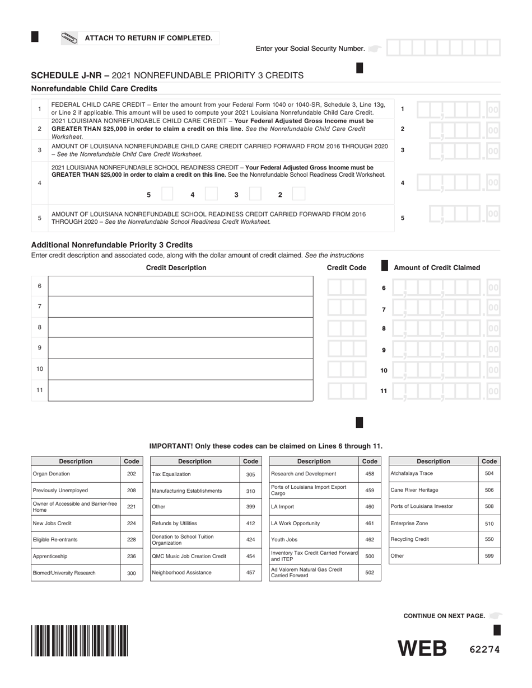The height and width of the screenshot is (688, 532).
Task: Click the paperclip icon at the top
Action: coord(69,39)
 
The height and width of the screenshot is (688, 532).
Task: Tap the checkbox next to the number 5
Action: coord(167,194)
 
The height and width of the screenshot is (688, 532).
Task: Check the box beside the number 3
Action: coord(255,194)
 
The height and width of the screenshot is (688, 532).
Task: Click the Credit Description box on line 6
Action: coord(180,286)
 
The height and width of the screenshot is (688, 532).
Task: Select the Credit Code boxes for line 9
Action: coord(347,349)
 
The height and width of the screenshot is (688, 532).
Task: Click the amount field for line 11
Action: coord(445,391)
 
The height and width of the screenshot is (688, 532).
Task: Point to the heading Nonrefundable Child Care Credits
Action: coord(94,88)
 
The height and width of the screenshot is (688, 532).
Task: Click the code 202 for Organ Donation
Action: coord(132,474)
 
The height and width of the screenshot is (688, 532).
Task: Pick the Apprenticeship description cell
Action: coord(76,557)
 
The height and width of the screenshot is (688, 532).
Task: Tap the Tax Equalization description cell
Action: coord(195,474)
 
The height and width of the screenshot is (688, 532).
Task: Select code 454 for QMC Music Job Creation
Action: coord(250,557)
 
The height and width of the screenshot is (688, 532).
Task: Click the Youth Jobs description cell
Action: coord(314,540)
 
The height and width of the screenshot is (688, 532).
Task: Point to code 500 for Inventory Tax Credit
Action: coord(370,557)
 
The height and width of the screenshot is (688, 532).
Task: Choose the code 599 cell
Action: coord(489,556)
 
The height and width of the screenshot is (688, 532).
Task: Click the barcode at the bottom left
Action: coord(80,640)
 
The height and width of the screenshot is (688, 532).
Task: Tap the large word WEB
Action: coord(422,649)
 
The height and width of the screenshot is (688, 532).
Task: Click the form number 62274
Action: coord(484,649)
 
